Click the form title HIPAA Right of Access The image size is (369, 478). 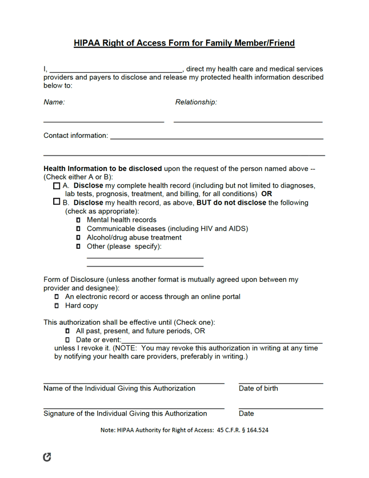pos(184,43)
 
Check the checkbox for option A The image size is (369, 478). pos(56,186)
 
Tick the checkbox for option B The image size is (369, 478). pos(56,202)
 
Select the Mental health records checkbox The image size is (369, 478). pos(78,220)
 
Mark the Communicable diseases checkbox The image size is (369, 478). pos(78,229)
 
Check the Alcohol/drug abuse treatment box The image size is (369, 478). pos(78,238)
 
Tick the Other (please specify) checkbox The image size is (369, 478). pos(78,246)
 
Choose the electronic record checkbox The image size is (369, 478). pos(57,297)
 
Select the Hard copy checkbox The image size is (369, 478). pos(57,306)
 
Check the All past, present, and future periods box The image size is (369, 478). pos(67,331)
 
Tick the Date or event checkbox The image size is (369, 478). pos(67,340)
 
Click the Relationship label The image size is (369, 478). pos(196,102)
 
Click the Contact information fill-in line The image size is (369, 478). pos(216,137)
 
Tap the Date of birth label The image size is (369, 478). pos(258,388)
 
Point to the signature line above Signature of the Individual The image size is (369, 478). pos(134,407)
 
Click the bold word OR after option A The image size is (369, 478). pos(266,194)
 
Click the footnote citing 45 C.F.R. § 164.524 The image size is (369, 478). pos(184,430)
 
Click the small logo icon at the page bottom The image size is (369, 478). pos(47,456)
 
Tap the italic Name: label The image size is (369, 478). pos(54,102)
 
